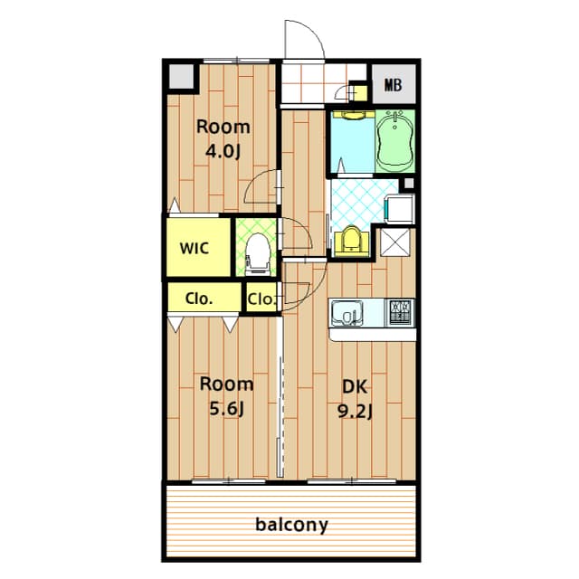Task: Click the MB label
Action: point(393,85)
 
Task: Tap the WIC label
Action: point(195,248)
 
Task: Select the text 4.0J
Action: point(223,151)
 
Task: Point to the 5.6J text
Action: point(227,409)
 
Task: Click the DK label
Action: point(355,386)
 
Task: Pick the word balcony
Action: point(291,525)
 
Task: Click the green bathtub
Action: point(395,141)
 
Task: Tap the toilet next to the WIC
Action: point(257,254)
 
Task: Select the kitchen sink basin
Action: point(346,313)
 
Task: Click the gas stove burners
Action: point(400,312)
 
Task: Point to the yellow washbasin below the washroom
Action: point(351,241)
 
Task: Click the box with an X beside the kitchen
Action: point(394,242)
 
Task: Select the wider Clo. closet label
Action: point(199,299)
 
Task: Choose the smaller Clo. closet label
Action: point(261,299)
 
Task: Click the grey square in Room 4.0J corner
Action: point(181,76)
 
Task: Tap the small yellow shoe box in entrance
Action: point(358,92)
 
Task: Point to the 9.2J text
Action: point(355,412)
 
